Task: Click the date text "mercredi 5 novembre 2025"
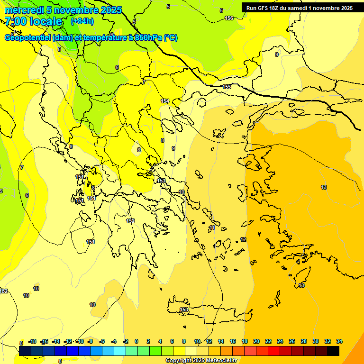(63, 10)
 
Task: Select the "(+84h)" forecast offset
(82, 21)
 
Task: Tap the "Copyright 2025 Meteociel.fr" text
(201, 360)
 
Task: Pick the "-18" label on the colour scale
(33, 341)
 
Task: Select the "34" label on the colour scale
(339, 341)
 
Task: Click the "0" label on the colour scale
(136, 341)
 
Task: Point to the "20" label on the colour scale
(256, 341)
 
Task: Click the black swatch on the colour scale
(333, 351)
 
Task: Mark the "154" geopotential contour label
(165, 101)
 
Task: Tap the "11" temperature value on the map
(212, 227)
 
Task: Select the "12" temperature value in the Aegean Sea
(243, 239)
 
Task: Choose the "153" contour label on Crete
(184, 309)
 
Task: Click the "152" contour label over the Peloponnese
(130, 221)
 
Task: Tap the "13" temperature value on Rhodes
(301, 285)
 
